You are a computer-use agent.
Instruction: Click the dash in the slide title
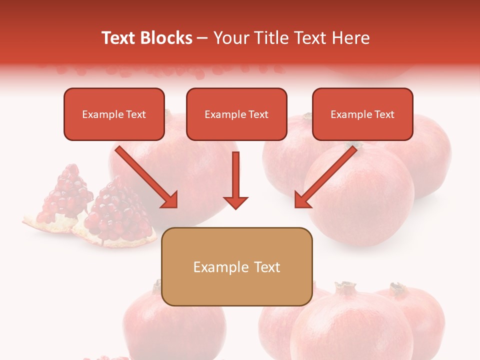202,38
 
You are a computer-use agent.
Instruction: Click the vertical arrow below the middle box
235,177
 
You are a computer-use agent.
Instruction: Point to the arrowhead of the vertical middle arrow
235,202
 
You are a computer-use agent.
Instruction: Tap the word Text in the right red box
384,114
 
